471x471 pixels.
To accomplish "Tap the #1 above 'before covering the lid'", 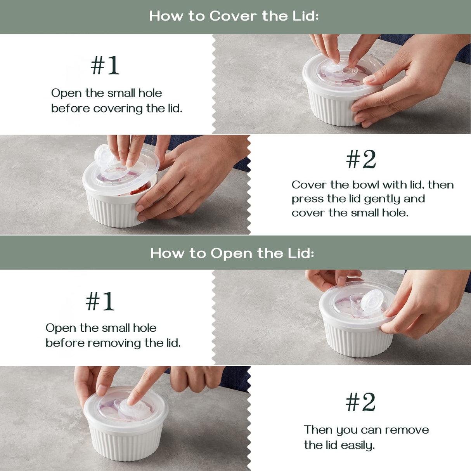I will coord(105,65).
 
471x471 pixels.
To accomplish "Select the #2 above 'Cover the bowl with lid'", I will coord(361,159).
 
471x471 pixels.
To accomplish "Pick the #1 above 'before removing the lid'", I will coord(100,301).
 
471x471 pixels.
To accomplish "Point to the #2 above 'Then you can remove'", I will coord(360,402).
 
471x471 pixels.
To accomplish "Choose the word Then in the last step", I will coord(318,430).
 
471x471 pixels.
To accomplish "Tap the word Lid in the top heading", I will coord(306,16).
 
